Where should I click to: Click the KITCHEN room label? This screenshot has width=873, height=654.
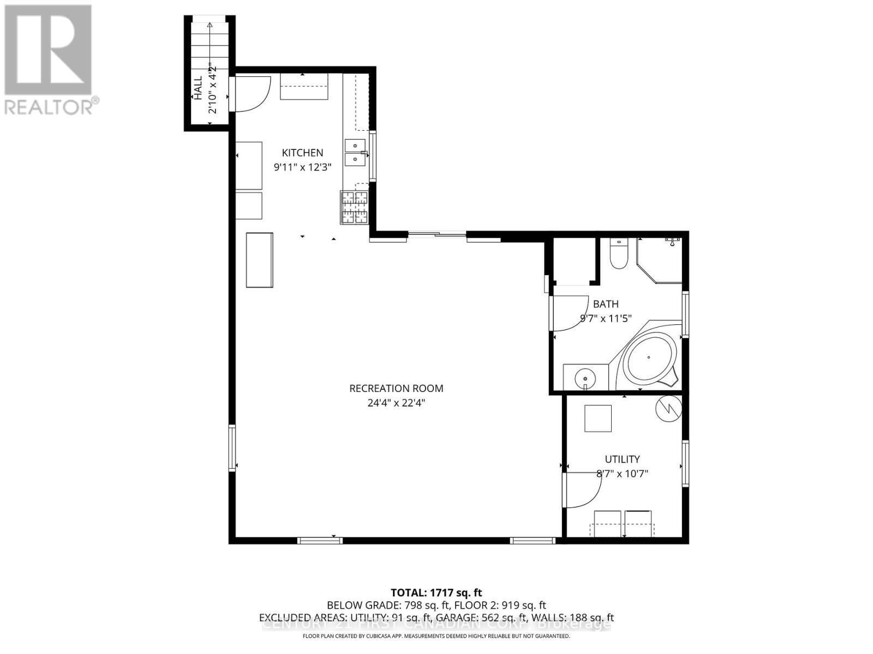(x=302, y=153)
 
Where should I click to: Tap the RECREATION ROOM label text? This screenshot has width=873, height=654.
(x=396, y=389)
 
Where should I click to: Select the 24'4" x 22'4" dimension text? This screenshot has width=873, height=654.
(x=396, y=403)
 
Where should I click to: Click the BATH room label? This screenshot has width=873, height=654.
(x=606, y=304)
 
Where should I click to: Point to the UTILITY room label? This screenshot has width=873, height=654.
(x=622, y=459)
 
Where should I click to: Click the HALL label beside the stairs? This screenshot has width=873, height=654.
(x=198, y=87)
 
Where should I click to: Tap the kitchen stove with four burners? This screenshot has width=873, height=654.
(x=355, y=207)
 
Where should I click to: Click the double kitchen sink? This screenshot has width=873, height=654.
(x=355, y=152)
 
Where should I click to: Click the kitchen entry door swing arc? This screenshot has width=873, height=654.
(x=253, y=94)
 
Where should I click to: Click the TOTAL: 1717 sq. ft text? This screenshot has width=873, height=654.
(x=436, y=592)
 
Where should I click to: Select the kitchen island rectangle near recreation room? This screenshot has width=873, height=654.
(x=259, y=260)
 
